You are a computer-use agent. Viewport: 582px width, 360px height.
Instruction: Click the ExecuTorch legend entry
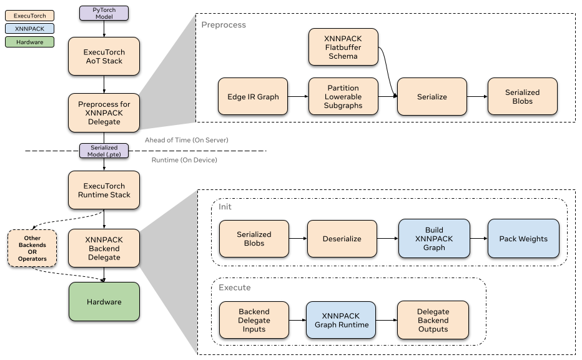click(29, 16)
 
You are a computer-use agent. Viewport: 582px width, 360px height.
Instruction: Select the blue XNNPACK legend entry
click(29, 29)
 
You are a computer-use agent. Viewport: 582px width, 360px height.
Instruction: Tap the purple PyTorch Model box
click(104, 13)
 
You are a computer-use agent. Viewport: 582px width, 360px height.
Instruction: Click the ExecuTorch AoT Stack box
click(104, 56)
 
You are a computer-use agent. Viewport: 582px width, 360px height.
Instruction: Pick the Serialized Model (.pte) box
click(104, 151)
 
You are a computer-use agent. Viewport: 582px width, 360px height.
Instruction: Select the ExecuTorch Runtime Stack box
click(104, 190)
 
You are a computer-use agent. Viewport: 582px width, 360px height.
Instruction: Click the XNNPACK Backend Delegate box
click(104, 248)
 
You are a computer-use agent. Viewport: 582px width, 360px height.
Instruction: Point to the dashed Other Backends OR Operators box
click(32, 248)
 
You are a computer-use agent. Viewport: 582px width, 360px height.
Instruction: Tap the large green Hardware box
click(104, 302)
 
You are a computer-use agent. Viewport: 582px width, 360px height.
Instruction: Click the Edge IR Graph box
click(253, 96)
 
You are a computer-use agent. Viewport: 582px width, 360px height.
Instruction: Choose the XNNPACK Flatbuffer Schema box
click(343, 47)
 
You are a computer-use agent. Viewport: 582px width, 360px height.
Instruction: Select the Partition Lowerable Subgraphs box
click(343, 96)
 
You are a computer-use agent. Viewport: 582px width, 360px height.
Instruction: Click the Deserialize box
click(342, 239)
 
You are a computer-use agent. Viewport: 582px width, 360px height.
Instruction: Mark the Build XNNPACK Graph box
click(434, 239)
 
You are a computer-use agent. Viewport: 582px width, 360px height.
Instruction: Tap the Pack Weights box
click(523, 239)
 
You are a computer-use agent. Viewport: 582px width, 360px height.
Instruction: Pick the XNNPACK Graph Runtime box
click(341, 320)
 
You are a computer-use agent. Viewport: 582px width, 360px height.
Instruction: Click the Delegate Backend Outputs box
click(433, 320)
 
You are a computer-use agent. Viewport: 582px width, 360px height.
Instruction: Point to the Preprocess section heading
click(224, 25)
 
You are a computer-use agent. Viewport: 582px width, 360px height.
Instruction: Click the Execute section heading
click(235, 287)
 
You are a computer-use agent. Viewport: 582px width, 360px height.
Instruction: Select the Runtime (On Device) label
click(184, 160)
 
